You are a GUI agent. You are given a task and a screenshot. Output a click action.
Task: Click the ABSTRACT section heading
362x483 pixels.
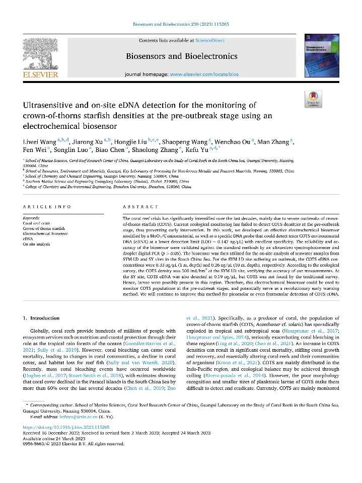click(x=140, y=207)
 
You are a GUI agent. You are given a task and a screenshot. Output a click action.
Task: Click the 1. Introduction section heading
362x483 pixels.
click(x=42, y=318)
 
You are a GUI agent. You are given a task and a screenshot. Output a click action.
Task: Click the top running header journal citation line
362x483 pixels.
click(x=181, y=24)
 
